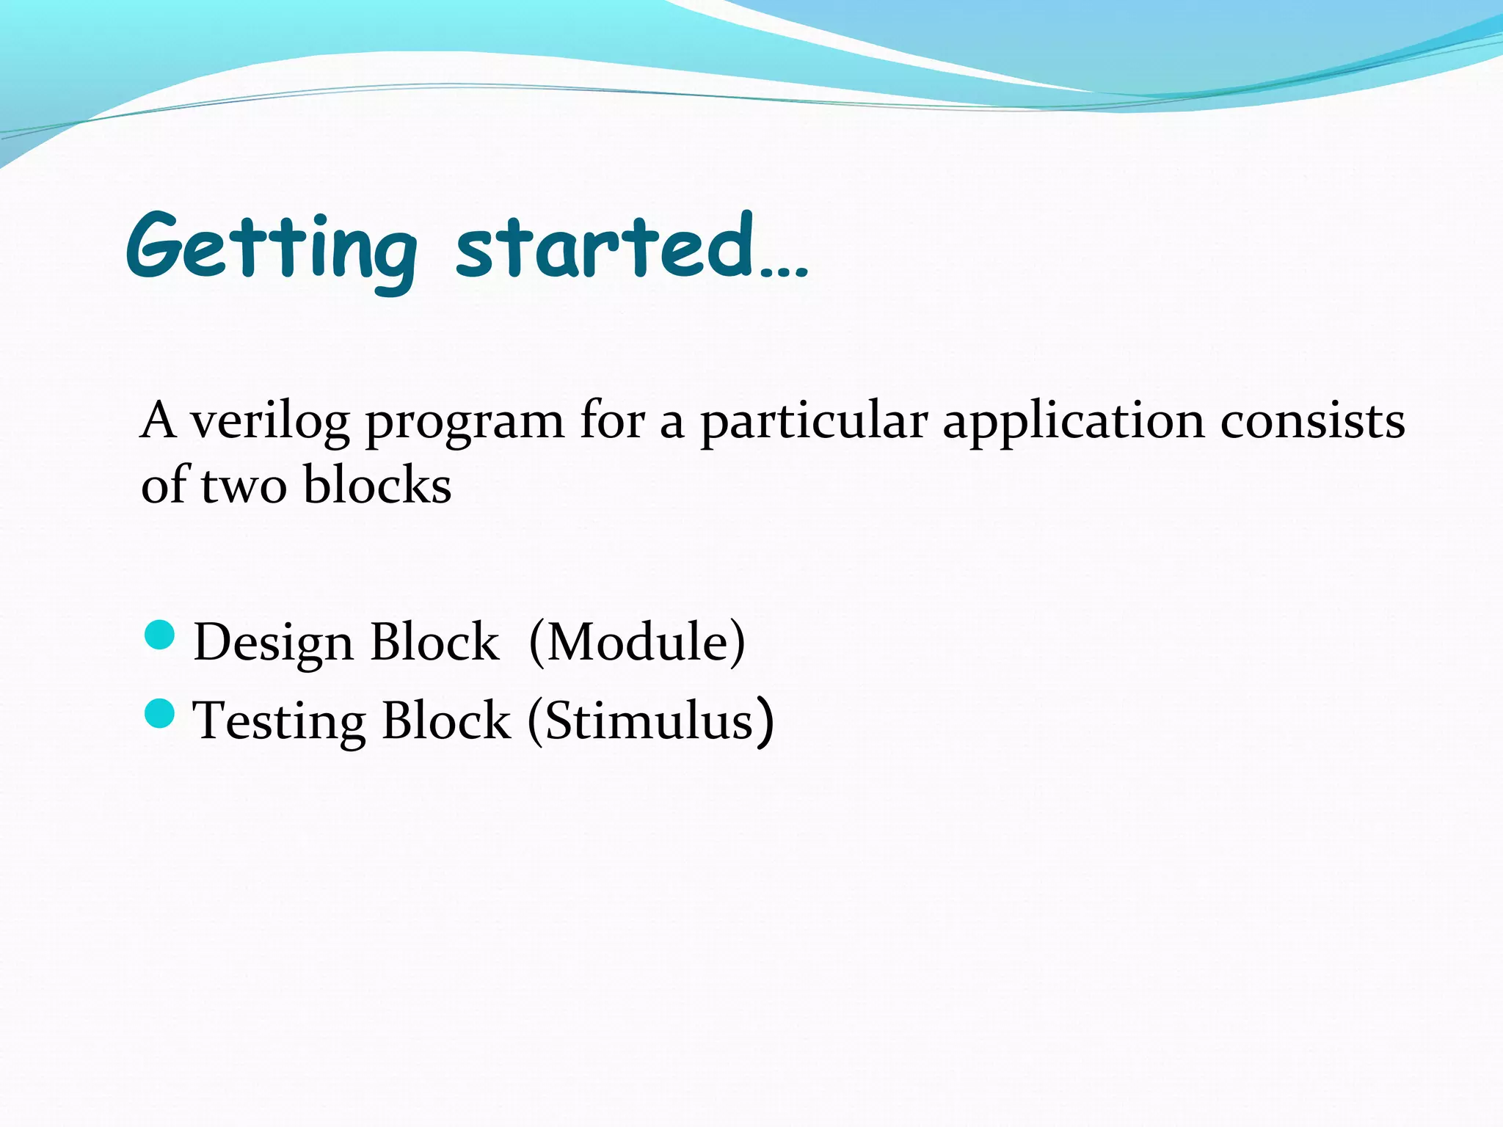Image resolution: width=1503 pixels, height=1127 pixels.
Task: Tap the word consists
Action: click(x=1313, y=422)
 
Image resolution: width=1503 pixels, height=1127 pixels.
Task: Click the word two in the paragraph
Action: click(x=244, y=486)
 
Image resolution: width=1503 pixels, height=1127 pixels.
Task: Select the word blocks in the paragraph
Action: click(x=377, y=485)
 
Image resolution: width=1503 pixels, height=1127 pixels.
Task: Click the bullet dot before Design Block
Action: click(x=160, y=635)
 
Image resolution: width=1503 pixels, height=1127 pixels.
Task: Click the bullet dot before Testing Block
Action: click(x=160, y=713)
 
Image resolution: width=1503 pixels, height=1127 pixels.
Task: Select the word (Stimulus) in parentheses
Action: click(x=650, y=721)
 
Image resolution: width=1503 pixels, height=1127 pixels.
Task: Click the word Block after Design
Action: click(x=434, y=643)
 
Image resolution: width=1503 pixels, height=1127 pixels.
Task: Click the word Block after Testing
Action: click(x=446, y=721)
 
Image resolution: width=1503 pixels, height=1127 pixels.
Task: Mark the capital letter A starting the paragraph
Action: click(x=158, y=422)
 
